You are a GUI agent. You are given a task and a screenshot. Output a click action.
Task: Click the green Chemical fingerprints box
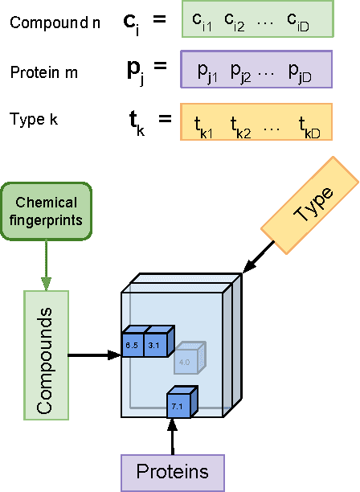[47, 211]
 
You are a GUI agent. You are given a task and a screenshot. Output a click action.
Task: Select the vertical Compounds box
[47, 354]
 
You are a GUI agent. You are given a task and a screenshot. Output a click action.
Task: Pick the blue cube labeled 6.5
[132, 345]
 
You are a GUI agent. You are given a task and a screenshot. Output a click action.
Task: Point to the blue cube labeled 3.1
[155, 345]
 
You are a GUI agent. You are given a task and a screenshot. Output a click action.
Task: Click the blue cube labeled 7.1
[178, 406]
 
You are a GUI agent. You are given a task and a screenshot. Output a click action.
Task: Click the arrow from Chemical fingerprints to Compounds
[47, 265]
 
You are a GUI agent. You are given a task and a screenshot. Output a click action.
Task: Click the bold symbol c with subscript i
[132, 23]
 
